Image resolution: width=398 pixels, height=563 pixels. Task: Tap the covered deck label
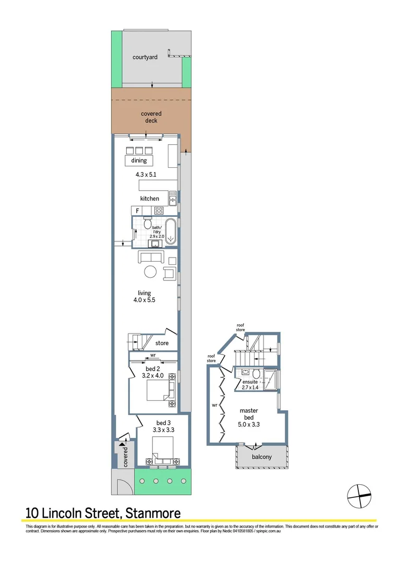151,117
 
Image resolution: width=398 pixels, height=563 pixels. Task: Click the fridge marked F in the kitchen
137,211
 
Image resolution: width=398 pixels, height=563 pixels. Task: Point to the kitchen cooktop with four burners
159,211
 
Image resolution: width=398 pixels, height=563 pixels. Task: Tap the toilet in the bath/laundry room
140,225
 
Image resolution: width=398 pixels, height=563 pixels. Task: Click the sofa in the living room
151,256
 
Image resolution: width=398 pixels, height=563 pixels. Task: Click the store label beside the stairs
162,343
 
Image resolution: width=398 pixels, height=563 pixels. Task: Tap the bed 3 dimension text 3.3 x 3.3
162,430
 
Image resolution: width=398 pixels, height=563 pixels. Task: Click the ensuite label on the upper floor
249,381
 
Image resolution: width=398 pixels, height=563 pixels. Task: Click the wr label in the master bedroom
214,404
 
